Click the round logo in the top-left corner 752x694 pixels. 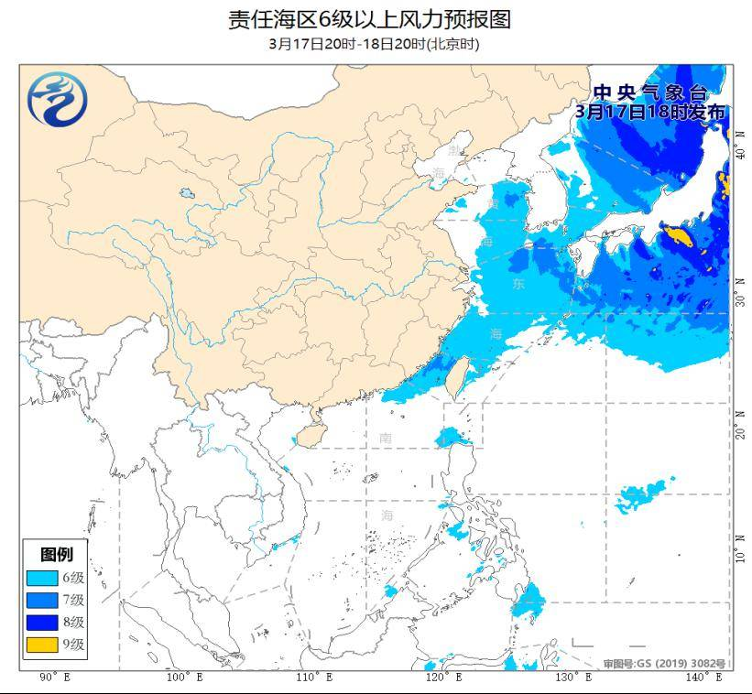(57, 98)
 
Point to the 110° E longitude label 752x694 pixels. (314, 678)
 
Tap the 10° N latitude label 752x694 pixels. (739, 554)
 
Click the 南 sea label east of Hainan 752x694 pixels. (386, 439)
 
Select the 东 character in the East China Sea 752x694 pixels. (519, 285)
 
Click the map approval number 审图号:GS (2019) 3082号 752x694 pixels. (664, 663)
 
